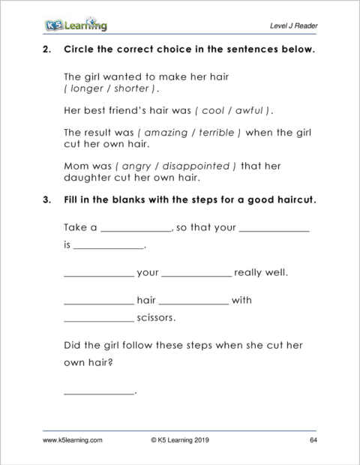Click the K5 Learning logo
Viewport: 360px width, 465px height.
coord(74,25)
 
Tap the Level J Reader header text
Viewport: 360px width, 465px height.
coord(293,26)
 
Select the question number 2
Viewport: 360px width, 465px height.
coord(47,51)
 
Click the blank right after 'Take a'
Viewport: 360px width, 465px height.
coord(135,229)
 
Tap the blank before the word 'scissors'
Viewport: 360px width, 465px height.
coord(98,319)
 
